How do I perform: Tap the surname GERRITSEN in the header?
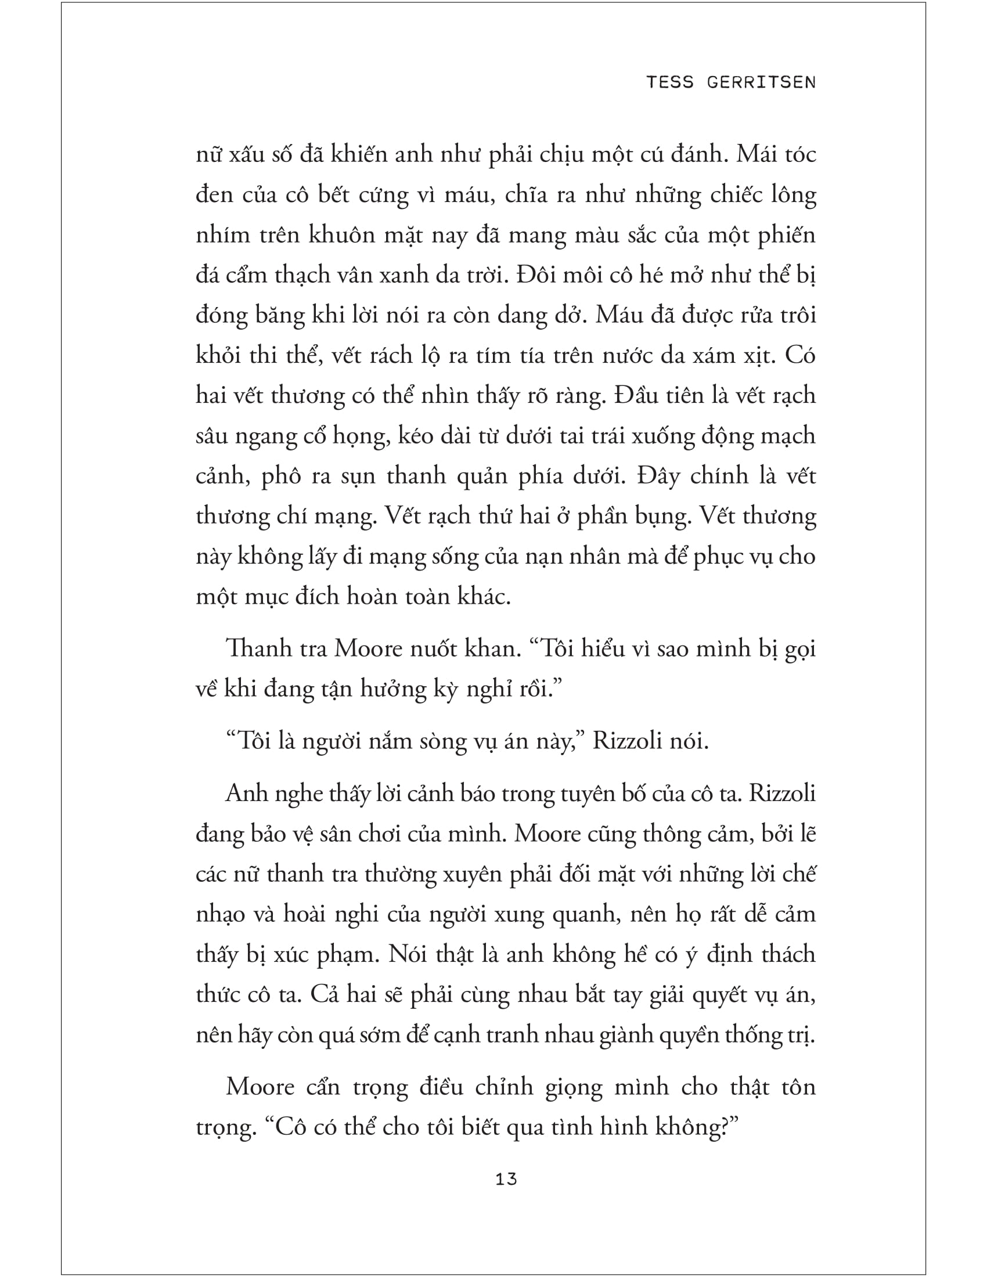(761, 82)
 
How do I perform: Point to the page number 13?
(506, 1179)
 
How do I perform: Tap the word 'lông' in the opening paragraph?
(793, 195)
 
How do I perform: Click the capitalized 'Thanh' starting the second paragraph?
(255, 648)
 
